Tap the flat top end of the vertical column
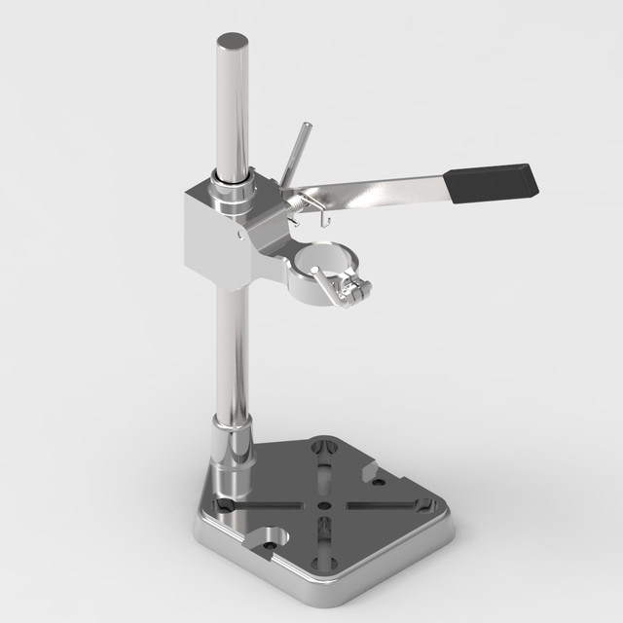[232, 42]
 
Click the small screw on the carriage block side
[237, 235]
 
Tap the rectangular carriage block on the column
[214, 238]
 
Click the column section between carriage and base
[231, 350]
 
